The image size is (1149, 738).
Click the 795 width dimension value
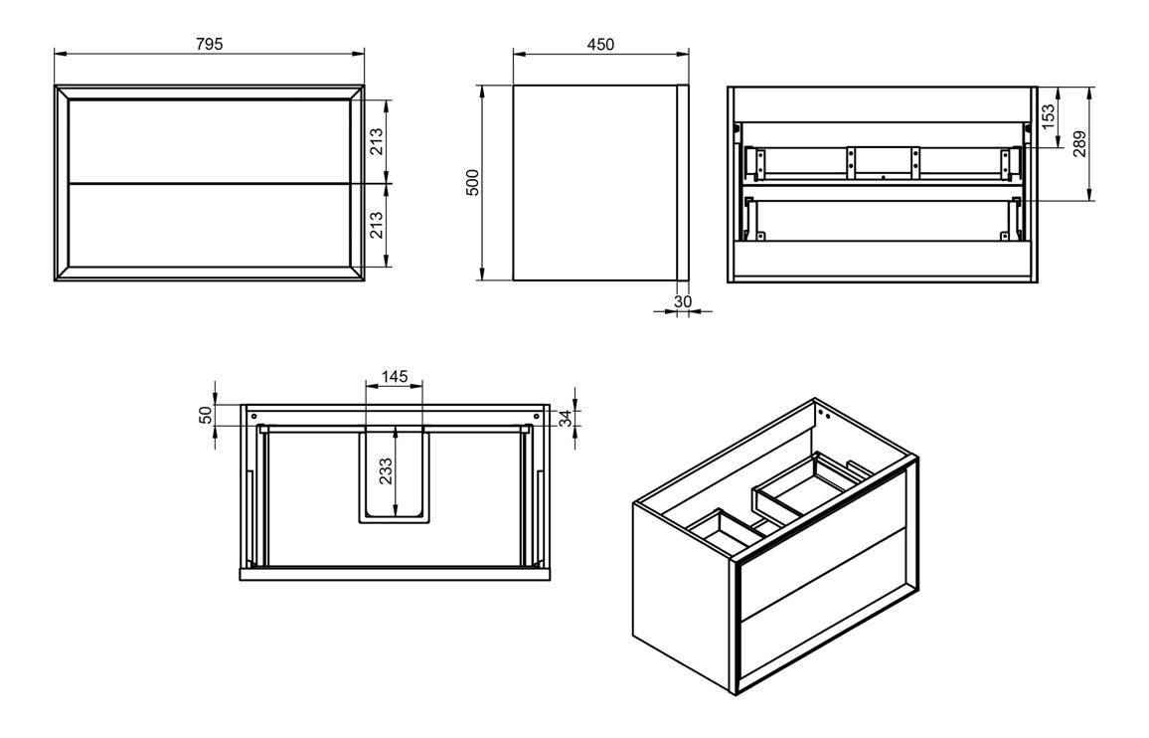coord(209,44)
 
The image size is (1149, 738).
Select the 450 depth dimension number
coord(600,44)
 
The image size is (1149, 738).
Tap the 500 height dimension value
coord(473,183)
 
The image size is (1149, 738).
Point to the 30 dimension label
coord(683,301)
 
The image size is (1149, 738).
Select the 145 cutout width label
coord(395,377)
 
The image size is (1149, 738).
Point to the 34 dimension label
coord(566,418)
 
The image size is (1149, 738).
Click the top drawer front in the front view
coord(209,141)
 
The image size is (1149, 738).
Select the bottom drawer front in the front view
coord(209,226)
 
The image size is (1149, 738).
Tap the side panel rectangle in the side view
coord(594,183)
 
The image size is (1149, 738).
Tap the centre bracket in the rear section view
coord(882,163)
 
